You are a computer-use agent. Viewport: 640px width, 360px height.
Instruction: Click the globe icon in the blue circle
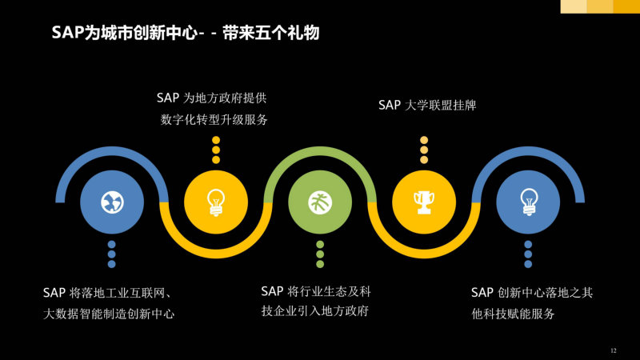point(112,202)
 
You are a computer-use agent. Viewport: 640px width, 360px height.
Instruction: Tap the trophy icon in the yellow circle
point(424,202)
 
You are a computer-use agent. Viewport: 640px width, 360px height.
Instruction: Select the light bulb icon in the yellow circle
point(216,202)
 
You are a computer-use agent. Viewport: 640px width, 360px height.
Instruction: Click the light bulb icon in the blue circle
point(528,202)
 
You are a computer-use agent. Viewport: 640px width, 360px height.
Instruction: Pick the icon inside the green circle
point(320,202)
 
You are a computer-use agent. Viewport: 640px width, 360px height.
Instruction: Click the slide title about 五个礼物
point(186,33)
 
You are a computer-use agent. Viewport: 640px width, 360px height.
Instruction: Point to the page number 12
point(614,350)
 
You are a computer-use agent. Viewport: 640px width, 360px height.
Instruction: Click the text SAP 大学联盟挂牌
point(427,106)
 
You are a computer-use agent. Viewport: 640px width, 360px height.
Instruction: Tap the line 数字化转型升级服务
point(214,119)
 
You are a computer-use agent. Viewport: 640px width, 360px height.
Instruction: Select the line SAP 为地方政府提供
point(211,98)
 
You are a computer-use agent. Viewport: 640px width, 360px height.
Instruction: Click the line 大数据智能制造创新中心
point(109,314)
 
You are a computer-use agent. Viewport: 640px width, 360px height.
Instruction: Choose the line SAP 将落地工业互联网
point(107,293)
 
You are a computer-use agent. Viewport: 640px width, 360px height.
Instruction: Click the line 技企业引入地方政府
point(315,311)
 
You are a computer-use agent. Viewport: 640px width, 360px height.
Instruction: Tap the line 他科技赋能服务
point(513,314)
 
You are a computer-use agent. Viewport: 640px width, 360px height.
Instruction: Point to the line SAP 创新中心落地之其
point(532,293)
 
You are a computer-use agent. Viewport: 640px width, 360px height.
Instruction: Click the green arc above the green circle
point(320,152)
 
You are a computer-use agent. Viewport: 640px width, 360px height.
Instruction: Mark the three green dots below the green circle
point(320,254)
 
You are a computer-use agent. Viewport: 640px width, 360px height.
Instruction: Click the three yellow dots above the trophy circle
point(424,150)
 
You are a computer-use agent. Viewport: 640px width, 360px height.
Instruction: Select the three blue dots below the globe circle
point(112,254)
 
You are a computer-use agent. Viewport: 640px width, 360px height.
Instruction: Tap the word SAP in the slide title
point(68,33)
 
